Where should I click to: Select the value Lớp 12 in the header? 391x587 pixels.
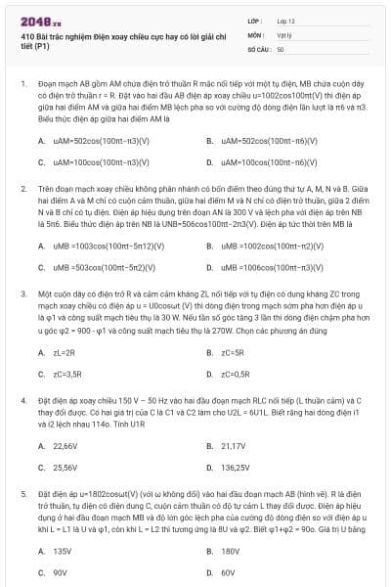tap(285, 20)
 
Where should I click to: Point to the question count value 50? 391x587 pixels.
tap(281, 48)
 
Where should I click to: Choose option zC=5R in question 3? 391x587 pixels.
tap(235, 353)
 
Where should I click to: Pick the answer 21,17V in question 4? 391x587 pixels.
tap(235, 446)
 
